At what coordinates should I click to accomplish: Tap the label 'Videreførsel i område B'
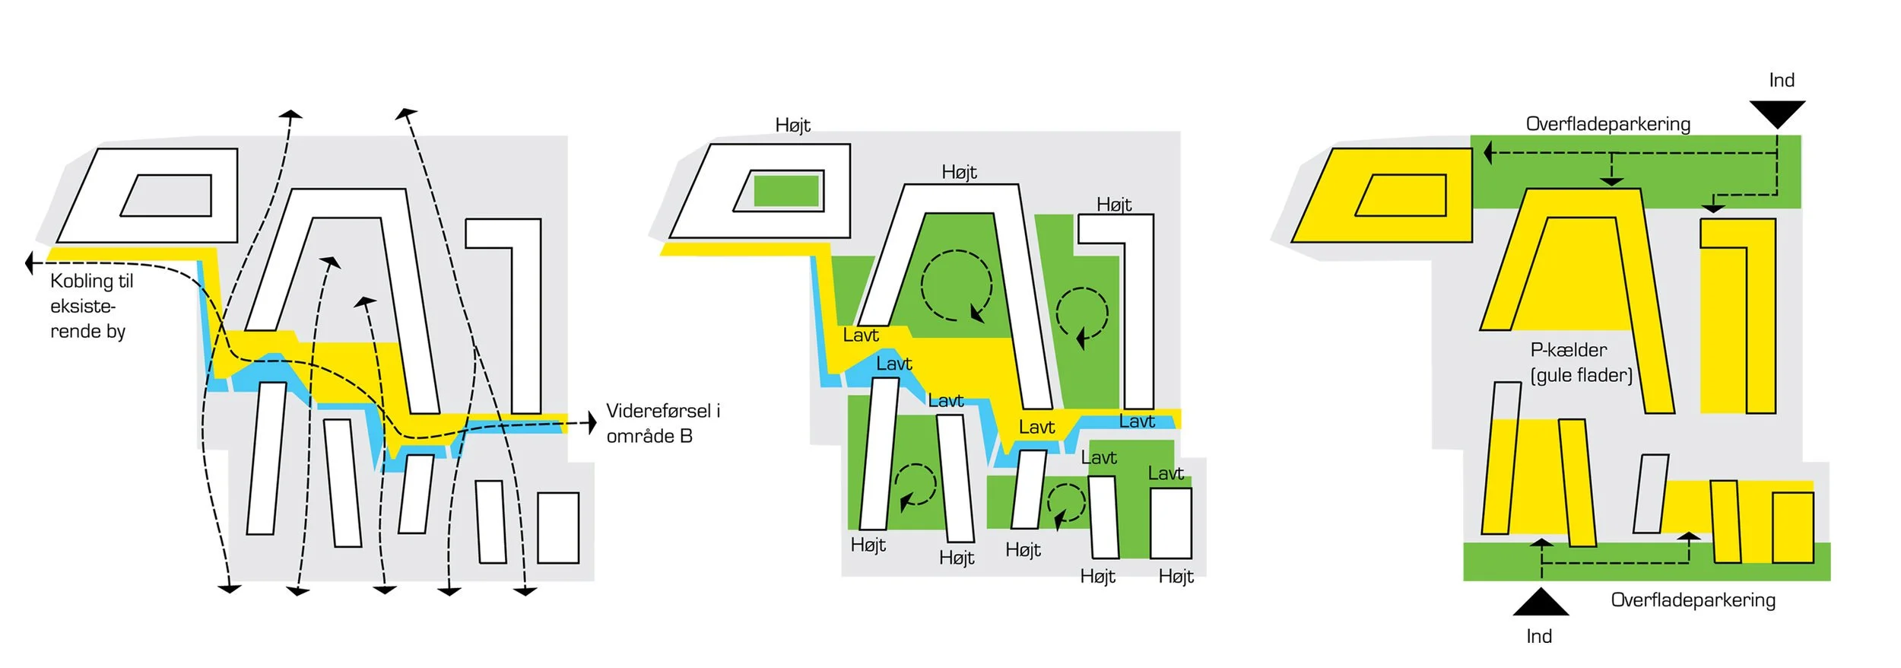point(662,423)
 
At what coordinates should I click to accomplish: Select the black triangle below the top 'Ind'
point(1777,113)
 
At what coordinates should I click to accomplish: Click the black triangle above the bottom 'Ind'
point(1541,603)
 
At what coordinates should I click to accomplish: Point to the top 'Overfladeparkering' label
point(1607,124)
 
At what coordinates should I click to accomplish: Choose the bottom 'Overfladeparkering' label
point(1693,600)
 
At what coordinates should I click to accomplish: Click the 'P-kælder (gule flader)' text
point(1581,362)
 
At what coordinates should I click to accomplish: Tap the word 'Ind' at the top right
point(1782,81)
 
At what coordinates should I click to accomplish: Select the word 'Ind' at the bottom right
point(1539,636)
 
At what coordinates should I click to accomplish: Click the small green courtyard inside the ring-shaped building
point(785,191)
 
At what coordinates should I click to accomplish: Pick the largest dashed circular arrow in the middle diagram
point(956,285)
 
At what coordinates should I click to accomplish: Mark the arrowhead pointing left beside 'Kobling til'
point(30,263)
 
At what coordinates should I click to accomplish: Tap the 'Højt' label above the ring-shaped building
point(792,125)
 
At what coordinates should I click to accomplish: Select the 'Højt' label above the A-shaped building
point(959,172)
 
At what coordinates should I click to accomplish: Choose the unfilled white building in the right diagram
point(1650,494)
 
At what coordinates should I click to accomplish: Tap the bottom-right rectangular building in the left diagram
point(558,527)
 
